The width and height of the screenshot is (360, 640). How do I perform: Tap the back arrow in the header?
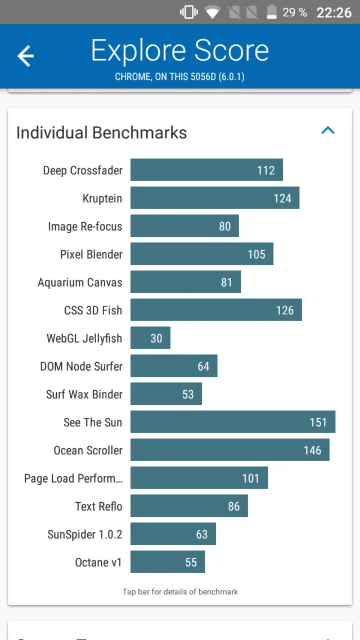click(x=25, y=56)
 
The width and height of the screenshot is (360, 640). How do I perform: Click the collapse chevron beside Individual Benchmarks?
click(x=327, y=130)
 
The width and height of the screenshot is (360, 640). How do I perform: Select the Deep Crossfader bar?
click(x=206, y=170)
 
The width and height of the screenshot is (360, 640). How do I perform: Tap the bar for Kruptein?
click(x=214, y=198)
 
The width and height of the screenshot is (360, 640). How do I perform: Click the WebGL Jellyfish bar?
click(x=150, y=338)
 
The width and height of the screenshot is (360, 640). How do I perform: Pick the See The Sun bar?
click(x=232, y=422)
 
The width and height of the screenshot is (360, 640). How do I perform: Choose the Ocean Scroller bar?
click(x=229, y=450)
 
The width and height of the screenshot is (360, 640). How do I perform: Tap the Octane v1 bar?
click(x=168, y=562)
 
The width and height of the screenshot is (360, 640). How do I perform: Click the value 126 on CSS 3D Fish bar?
click(x=285, y=310)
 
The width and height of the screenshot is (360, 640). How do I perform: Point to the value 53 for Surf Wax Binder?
click(x=188, y=394)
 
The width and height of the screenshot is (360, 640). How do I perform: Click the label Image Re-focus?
click(x=85, y=227)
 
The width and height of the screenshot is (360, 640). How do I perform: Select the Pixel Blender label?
click(x=91, y=254)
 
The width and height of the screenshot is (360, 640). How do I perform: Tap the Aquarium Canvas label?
click(x=80, y=282)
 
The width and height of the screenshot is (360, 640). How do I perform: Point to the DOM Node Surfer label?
click(x=81, y=367)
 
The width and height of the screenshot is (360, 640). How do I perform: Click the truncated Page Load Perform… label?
click(x=73, y=479)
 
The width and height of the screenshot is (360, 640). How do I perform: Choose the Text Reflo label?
click(x=98, y=506)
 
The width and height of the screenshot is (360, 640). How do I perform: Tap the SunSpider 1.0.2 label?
click(x=84, y=534)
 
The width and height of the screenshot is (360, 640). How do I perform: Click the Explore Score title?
click(x=180, y=51)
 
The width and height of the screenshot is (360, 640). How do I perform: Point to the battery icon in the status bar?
click(x=272, y=12)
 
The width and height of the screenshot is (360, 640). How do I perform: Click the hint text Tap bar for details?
click(x=180, y=592)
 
